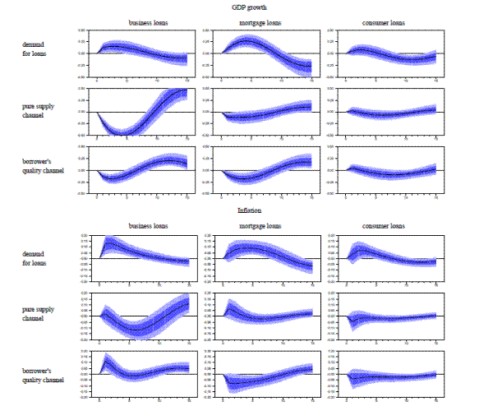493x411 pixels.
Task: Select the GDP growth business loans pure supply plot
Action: [142, 112]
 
